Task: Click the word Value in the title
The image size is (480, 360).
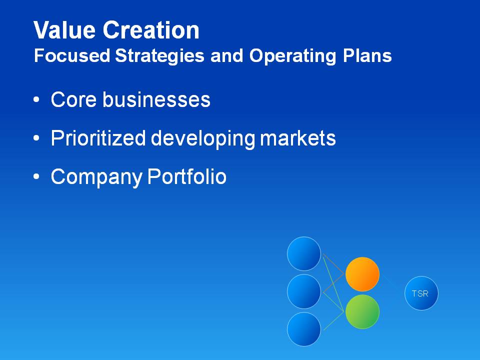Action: [64, 30]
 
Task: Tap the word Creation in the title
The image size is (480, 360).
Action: [151, 30]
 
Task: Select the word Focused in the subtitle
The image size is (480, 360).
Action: [72, 55]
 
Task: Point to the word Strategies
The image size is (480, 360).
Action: [159, 56]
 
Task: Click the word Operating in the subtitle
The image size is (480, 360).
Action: [293, 56]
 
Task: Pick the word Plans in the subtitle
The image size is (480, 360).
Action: [367, 55]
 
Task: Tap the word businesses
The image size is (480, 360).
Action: [156, 99]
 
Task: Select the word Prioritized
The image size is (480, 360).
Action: [98, 138]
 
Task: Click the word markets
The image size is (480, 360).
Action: [298, 138]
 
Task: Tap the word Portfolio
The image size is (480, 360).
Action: [186, 176]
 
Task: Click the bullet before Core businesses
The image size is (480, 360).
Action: [36, 100]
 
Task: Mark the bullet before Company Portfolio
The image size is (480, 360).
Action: [36, 176]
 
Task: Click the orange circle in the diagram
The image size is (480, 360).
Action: [362, 274]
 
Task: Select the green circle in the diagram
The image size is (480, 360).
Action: [362, 311]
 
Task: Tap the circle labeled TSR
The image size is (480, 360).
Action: [421, 293]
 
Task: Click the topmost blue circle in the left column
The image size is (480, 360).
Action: [304, 254]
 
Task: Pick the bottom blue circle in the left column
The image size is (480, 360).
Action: [304, 329]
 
